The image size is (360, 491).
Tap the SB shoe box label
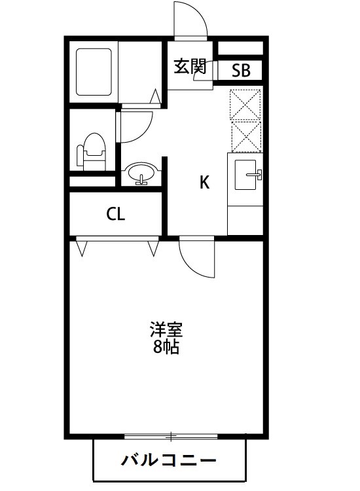(x=241, y=71)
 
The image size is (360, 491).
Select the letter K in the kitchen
(x=204, y=183)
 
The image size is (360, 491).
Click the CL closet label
(x=116, y=213)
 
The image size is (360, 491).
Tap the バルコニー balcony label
(x=169, y=460)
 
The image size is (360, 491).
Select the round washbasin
(x=141, y=174)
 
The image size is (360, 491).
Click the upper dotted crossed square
(x=245, y=103)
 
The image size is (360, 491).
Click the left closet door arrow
(x=83, y=248)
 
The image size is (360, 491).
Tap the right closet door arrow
(x=154, y=248)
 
